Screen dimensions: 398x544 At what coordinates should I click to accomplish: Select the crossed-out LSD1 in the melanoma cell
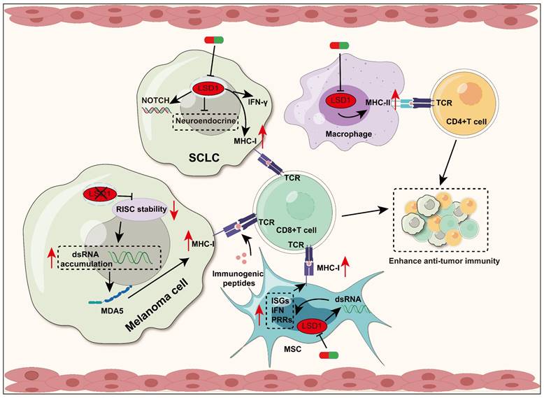[x=99, y=192]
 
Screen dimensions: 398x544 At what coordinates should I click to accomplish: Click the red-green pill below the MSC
[x=329, y=355]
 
